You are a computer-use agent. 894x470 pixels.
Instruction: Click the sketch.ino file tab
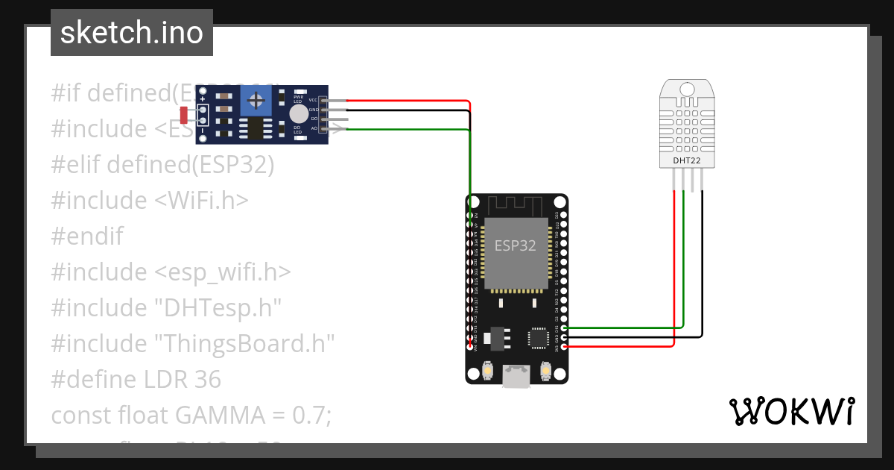coord(132,33)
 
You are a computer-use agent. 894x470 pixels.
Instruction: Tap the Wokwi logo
coord(790,412)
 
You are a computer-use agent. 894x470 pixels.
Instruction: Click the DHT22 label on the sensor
coord(687,160)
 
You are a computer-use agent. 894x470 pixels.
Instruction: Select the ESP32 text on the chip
coord(516,245)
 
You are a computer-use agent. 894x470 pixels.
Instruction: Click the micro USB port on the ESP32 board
coord(516,377)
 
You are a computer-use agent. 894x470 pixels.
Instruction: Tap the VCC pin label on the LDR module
coord(313,100)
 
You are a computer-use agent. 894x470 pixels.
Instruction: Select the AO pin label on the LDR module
coord(314,128)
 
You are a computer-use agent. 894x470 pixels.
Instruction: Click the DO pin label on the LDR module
coord(314,119)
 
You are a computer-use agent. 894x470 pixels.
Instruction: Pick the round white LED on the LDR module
coord(298,113)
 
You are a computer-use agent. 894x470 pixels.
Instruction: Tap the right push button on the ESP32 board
coord(545,370)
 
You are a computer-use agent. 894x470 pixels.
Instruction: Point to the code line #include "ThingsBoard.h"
coord(192,344)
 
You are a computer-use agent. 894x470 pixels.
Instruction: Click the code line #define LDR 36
coord(136,380)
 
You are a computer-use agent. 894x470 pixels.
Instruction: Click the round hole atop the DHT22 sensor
coord(687,90)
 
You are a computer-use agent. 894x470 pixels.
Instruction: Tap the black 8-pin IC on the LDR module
coord(256,129)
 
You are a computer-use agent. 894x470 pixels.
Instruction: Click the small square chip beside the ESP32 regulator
coord(538,337)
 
